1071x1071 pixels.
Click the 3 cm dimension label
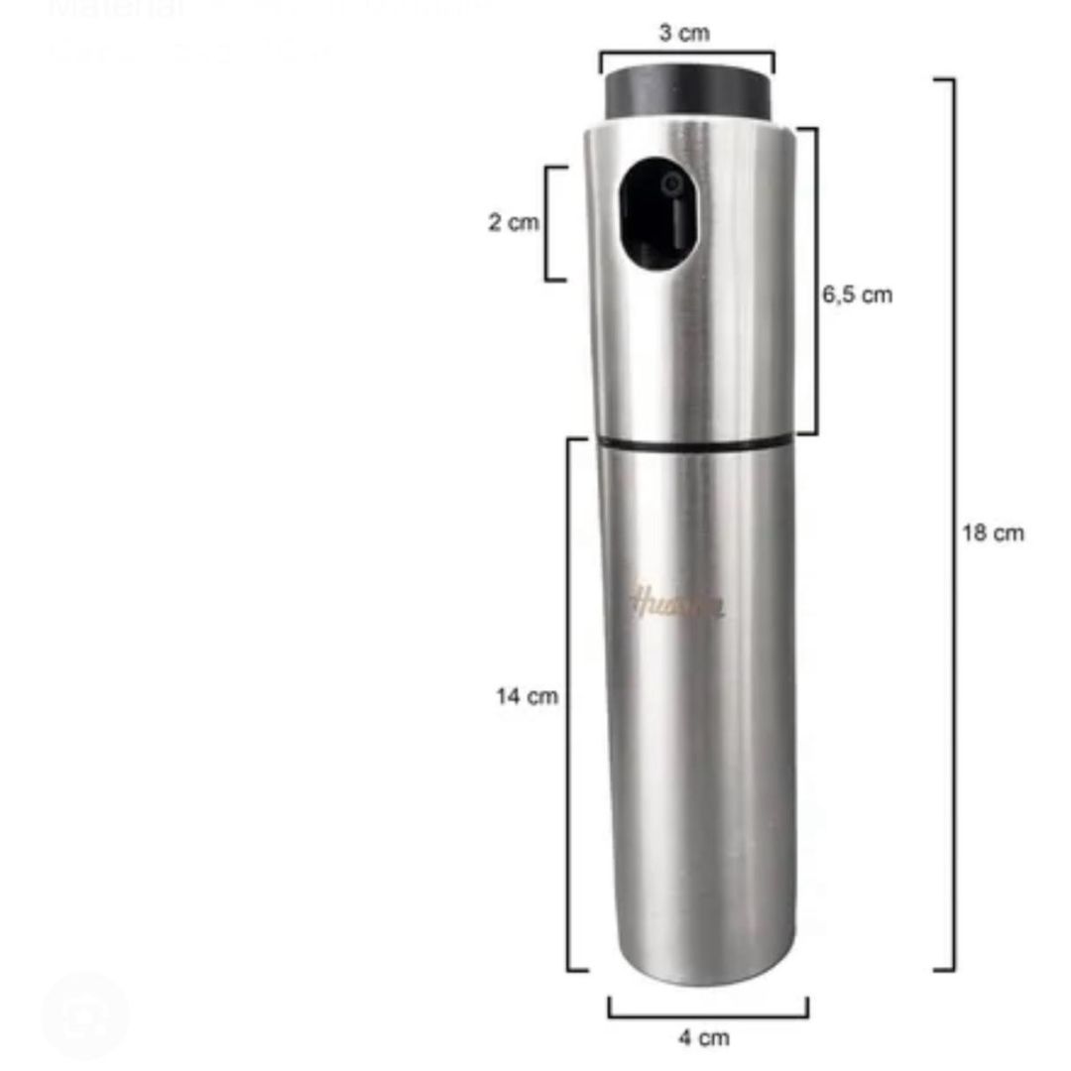684,33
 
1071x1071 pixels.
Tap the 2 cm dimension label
513,222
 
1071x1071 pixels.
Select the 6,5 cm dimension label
857,295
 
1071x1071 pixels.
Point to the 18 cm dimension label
993,533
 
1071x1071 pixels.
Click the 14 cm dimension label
527,696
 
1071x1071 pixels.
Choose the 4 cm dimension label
704,1037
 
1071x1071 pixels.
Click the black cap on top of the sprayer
686,92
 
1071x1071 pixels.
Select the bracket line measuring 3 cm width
686,55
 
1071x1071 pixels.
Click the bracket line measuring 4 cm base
707,1015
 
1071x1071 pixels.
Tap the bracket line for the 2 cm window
547,223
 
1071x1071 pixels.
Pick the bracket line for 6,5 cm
815,281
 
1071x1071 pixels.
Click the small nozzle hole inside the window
672,183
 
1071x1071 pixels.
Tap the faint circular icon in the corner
84,1014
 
